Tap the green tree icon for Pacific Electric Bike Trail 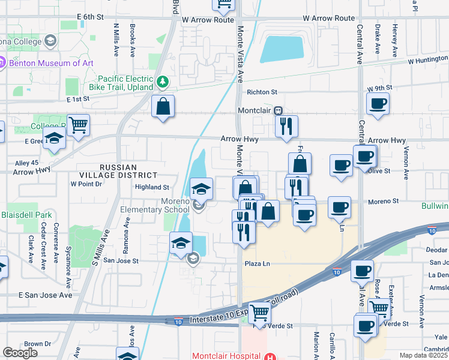point(161,81)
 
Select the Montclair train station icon point(278,111)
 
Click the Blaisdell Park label point(26,215)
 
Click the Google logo point(20,353)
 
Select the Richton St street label point(262,92)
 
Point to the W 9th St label point(378,88)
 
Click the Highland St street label point(152,187)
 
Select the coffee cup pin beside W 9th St point(378,103)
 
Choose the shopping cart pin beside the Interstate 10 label point(259,311)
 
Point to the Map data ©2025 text point(423,355)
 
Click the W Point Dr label point(86,184)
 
